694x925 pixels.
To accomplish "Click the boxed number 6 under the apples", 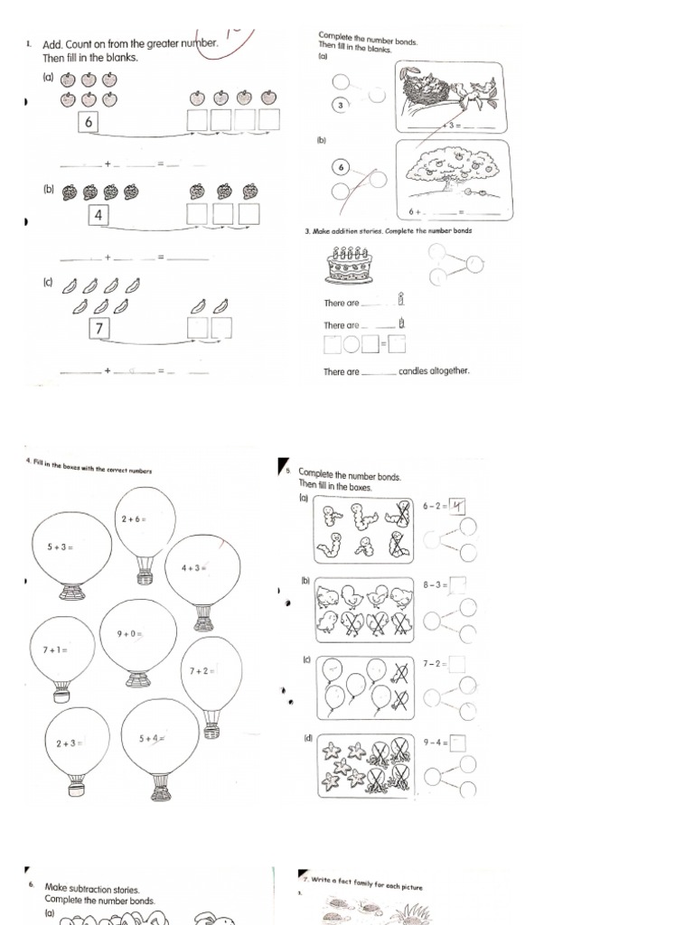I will (88, 122).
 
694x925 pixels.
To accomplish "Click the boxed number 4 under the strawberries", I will (99, 215).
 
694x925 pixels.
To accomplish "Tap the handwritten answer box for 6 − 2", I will (457, 507).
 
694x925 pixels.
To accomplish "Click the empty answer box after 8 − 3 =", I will (457, 585).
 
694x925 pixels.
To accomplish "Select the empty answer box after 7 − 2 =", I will (457, 664).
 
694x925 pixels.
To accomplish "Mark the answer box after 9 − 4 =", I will (457, 743).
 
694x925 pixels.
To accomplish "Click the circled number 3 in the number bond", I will (340, 106).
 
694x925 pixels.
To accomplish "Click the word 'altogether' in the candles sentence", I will (448, 371).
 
